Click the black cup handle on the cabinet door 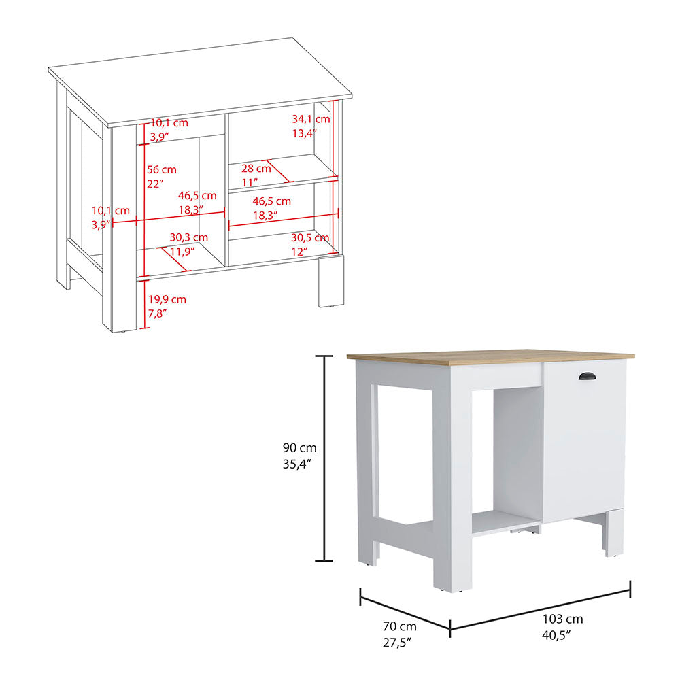click(x=586, y=376)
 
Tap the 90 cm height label click(x=300, y=448)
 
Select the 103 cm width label click(x=563, y=619)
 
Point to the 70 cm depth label click(x=398, y=626)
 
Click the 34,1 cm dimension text click(x=311, y=119)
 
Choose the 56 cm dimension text click(x=161, y=169)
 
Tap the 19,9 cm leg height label click(x=167, y=299)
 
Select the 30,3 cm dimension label click(x=188, y=237)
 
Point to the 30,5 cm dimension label click(x=310, y=238)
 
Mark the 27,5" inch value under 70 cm click(x=398, y=641)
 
